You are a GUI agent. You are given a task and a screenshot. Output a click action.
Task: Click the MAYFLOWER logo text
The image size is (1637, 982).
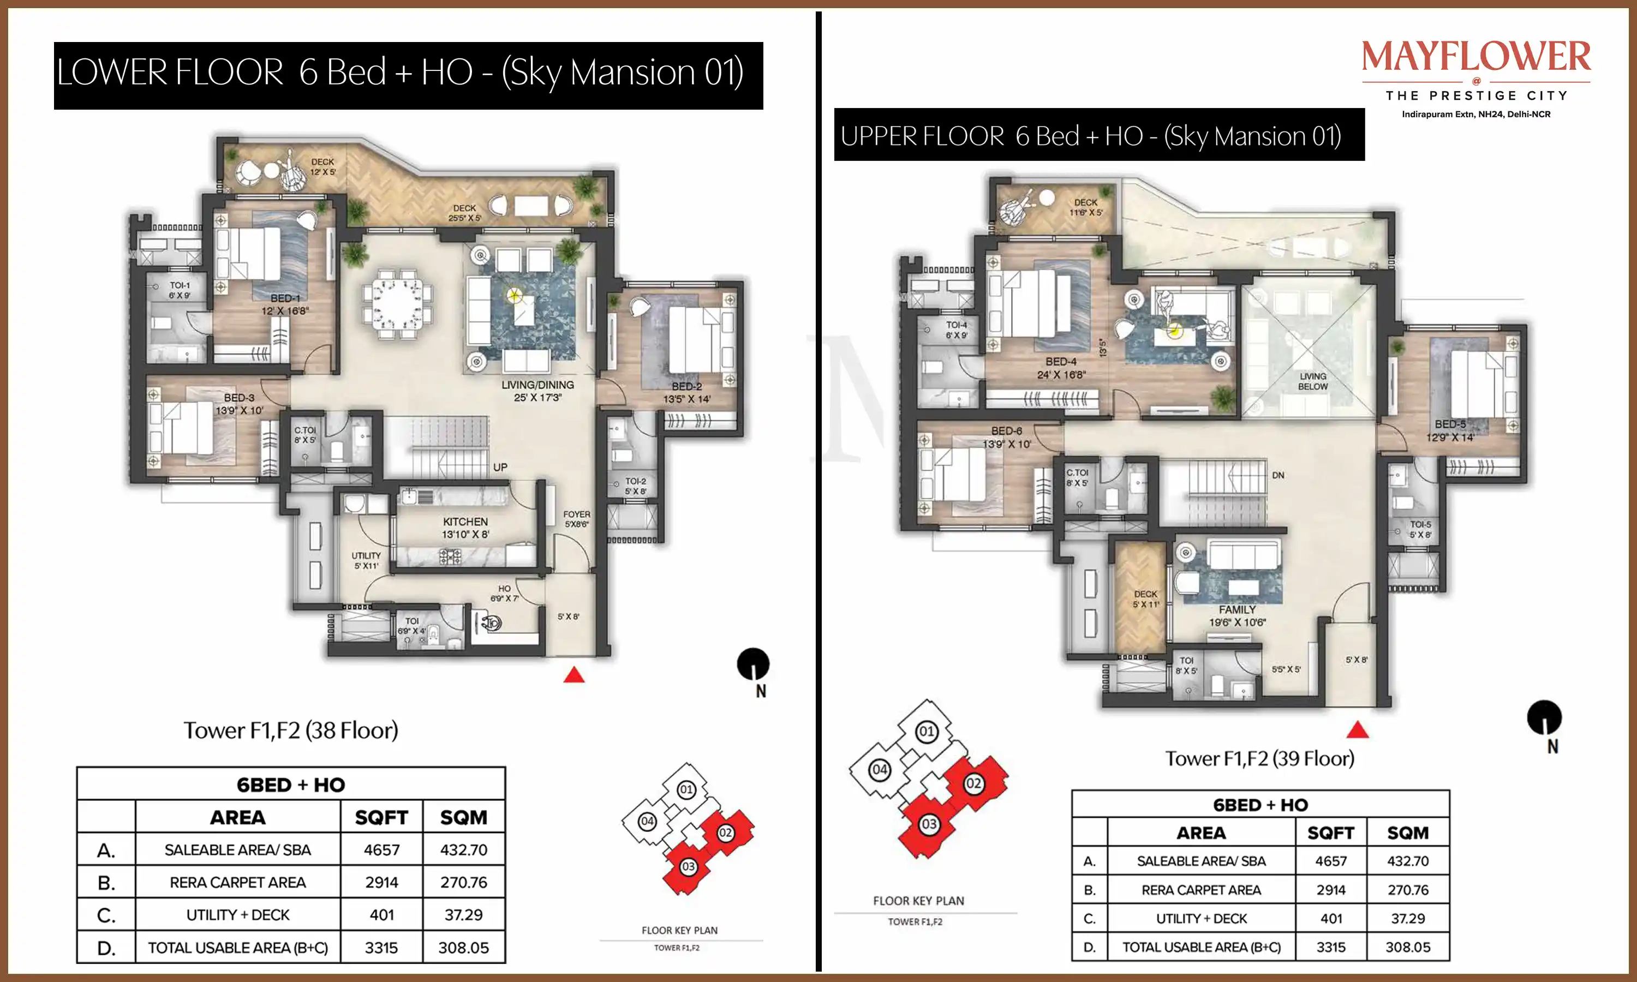tap(1476, 56)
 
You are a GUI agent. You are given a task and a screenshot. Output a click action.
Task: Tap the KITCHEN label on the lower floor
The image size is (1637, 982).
tap(465, 522)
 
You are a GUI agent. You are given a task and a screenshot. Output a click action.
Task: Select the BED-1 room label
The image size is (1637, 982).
tap(285, 298)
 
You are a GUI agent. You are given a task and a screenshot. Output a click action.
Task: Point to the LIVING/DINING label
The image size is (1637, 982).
tap(537, 385)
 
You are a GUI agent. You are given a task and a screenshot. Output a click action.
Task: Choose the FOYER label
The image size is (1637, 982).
tap(576, 513)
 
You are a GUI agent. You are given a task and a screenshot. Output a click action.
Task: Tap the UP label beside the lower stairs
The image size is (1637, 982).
tap(500, 467)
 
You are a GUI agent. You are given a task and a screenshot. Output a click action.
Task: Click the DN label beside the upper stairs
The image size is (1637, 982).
tap(1278, 475)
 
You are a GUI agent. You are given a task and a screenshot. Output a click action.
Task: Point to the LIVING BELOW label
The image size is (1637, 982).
tap(1313, 381)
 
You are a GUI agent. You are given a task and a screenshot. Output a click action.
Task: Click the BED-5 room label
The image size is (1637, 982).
tap(1450, 424)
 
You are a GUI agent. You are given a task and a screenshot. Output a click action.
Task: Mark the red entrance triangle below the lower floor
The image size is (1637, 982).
tap(573, 675)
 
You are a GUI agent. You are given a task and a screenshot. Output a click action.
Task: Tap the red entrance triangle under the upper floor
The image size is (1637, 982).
tap(1358, 730)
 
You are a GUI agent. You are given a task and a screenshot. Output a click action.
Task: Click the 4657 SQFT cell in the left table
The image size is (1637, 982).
tap(382, 849)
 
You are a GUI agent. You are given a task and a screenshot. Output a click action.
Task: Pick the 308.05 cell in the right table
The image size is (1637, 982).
tap(1407, 947)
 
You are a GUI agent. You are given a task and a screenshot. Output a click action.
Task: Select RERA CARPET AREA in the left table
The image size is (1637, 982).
tap(237, 882)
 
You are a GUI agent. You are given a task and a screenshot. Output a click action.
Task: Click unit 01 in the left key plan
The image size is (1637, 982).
tap(686, 789)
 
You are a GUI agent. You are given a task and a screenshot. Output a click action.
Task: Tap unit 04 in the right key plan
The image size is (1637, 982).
tap(880, 770)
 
